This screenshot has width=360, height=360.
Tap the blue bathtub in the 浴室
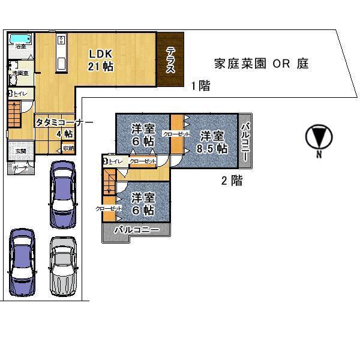coord(21,40)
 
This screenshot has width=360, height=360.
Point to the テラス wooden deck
coord(171,59)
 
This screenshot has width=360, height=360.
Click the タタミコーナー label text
coord(64,122)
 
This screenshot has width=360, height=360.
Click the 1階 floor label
coord(200,86)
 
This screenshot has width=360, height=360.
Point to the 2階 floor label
coord(232,181)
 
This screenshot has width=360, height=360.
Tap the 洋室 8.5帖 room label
coord(213,142)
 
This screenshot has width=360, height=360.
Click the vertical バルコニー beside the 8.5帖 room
coord(245,142)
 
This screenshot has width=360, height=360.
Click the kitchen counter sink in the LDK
coord(61,52)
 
